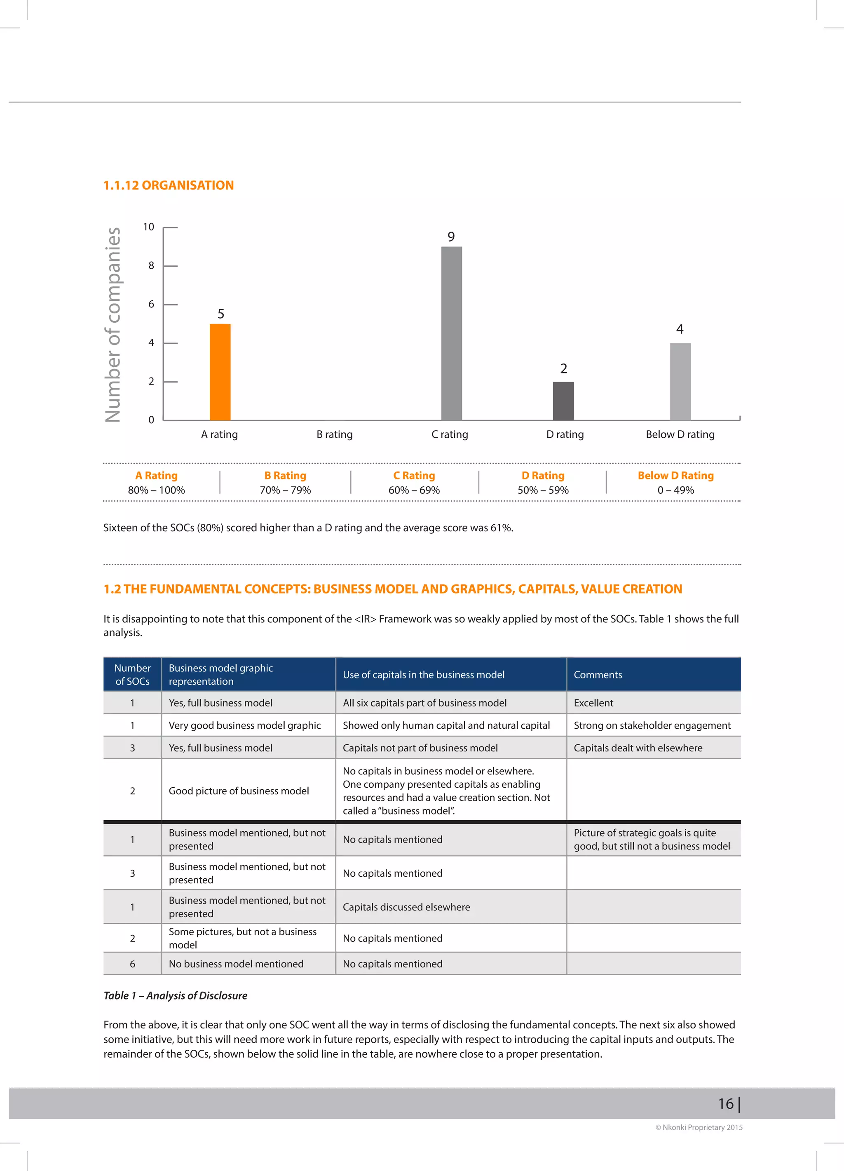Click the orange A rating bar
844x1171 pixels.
click(220, 372)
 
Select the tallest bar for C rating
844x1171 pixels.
click(451, 333)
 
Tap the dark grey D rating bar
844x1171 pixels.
click(563, 401)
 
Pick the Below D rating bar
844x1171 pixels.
click(680, 382)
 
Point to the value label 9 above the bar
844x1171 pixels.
click(451, 237)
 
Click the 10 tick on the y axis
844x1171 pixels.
click(149, 227)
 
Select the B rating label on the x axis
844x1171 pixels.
click(335, 435)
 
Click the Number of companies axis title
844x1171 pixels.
click(113, 325)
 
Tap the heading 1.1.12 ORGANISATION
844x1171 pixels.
click(168, 185)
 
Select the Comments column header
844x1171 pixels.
click(598, 675)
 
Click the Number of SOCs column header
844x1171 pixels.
click(132, 675)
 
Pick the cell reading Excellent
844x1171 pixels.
click(593, 703)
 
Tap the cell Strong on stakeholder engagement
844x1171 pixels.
click(652, 725)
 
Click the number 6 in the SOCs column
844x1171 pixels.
click(132, 964)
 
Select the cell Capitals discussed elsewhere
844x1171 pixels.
click(406, 907)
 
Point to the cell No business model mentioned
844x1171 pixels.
click(236, 964)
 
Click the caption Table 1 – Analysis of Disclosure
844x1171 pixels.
click(175, 995)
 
